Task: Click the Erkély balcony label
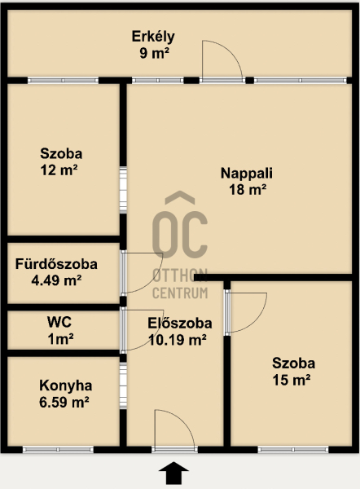click(153, 37)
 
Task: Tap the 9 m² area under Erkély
click(154, 53)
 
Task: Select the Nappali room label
click(247, 174)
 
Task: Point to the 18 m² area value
click(248, 189)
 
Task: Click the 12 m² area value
click(59, 170)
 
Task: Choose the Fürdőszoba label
click(56, 264)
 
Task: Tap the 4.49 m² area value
click(56, 280)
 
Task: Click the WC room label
click(59, 322)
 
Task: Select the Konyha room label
click(65, 385)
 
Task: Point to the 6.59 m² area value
click(64, 402)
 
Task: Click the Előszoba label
click(180, 324)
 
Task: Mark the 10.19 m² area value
click(178, 340)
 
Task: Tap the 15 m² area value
click(292, 380)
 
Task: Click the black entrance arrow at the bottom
click(173, 473)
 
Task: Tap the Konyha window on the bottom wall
click(58, 449)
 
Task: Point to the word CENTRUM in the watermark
click(180, 293)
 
